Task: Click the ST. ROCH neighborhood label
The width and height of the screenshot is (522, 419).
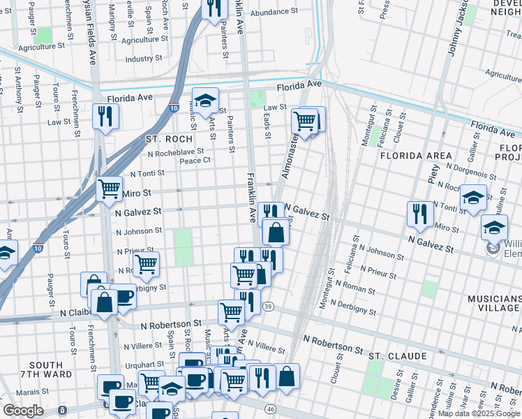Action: [x=168, y=139]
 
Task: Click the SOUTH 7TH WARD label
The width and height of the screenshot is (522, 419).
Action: [x=46, y=370]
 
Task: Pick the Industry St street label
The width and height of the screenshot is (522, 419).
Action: [x=144, y=59]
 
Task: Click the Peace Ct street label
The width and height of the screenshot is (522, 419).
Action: [x=195, y=161]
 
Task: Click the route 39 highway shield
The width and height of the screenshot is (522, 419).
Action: [x=268, y=307]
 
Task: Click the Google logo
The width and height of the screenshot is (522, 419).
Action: [x=22, y=411]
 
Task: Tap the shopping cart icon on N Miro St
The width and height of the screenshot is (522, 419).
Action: [x=109, y=189]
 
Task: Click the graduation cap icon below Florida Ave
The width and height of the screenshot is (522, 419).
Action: [x=205, y=101]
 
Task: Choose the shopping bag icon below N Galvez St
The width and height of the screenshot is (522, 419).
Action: [x=276, y=232]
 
